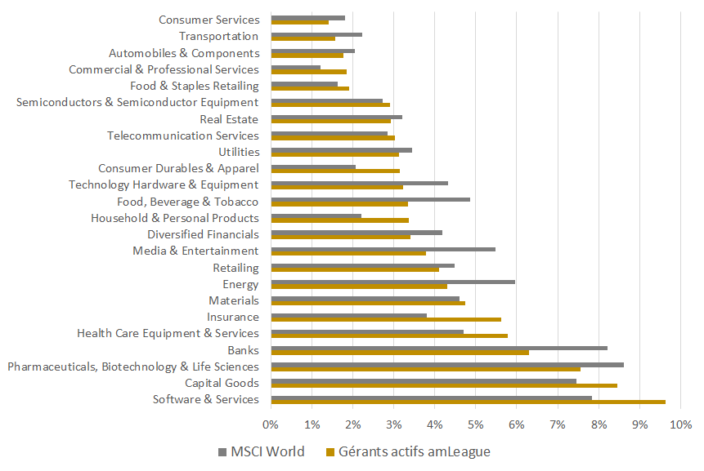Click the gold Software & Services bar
pyautogui.click(x=468, y=402)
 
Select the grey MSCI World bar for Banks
pyautogui.click(x=439, y=348)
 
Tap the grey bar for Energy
pyautogui.click(x=392, y=282)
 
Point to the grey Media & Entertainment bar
pyautogui.click(x=383, y=248)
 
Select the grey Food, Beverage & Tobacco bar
pyautogui.click(x=370, y=199)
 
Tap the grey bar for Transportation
pyautogui.click(x=316, y=34)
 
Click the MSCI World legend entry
pyautogui.click(x=261, y=451)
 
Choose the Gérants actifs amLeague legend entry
pyautogui.click(x=408, y=451)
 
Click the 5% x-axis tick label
pyautogui.click(x=476, y=424)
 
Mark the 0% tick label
pyautogui.click(x=271, y=424)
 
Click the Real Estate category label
pyautogui.click(x=229, y=119)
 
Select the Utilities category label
pyautogui.click(x=239, y=152)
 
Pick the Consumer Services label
pyautogui.click(x=209, y=20)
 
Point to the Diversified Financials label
pyautogui.click(x=203, y=234)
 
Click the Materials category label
pyautogui.click(x=234, y=300)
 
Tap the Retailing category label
pyautogui.click(x=235, y=268)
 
